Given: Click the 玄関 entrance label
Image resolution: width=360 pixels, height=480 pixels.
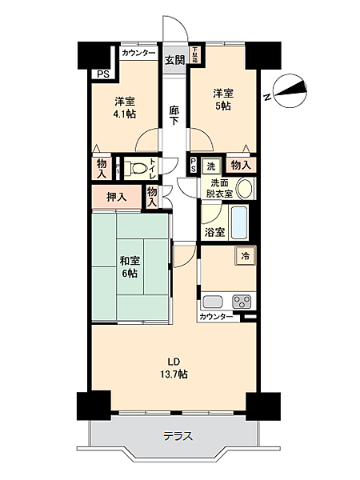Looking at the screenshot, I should (x=174, y=60).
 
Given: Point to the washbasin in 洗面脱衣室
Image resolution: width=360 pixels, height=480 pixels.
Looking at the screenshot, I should (x=246, y=190).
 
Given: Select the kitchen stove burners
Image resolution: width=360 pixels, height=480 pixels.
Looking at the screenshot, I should (x=242, y=302).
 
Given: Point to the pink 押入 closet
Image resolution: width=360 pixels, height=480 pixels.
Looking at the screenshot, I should (x=116, y=196).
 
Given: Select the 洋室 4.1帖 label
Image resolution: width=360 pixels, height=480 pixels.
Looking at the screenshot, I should (x=123, y=107).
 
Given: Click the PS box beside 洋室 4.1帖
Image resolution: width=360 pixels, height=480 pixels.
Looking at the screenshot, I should (x=101, y=74).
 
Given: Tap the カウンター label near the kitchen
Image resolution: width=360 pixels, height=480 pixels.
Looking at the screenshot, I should (x=218, y=318).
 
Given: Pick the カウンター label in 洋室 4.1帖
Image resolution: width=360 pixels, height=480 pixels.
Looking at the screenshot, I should (x=139, y=54).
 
